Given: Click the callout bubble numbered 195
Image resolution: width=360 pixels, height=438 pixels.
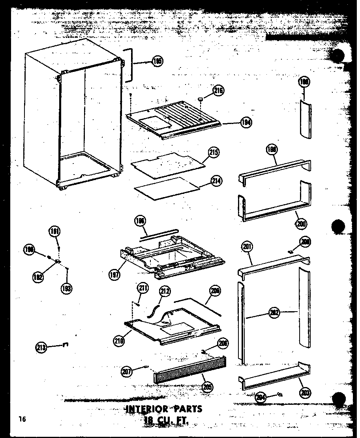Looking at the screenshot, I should pyautogui.click(x=157, y=62).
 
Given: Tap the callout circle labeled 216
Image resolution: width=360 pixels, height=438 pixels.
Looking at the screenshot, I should pyautogui.click(x=218, y=91).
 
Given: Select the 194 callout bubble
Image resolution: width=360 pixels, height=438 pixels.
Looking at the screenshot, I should pyautogui.click(x=246, y=122).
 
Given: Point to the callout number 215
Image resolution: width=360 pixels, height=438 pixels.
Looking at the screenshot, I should pyautogui.click(x=214, y=153).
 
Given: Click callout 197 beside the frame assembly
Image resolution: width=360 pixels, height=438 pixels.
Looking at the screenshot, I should pyautogui.click(x=114, y=273).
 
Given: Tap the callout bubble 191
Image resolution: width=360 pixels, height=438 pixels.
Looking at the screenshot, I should pyautogui.click(x=54, y=232).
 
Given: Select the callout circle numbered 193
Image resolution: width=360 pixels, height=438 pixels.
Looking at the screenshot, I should pyautogui.click(x=67, y=288).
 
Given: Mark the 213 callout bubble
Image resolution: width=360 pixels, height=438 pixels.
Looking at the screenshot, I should pyautogui.click(x=41, y=347).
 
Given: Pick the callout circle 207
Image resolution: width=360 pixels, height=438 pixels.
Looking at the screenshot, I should pyautogui.click(x=127, y=371).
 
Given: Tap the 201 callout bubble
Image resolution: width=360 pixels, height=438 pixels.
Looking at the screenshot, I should pyautogui.click(x=247, y=247).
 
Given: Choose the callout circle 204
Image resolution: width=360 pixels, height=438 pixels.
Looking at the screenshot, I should pyautogui.click(x=260, y=397).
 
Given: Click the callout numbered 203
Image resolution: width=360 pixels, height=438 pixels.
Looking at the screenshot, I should pyautogui.click(x=305, y=392).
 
